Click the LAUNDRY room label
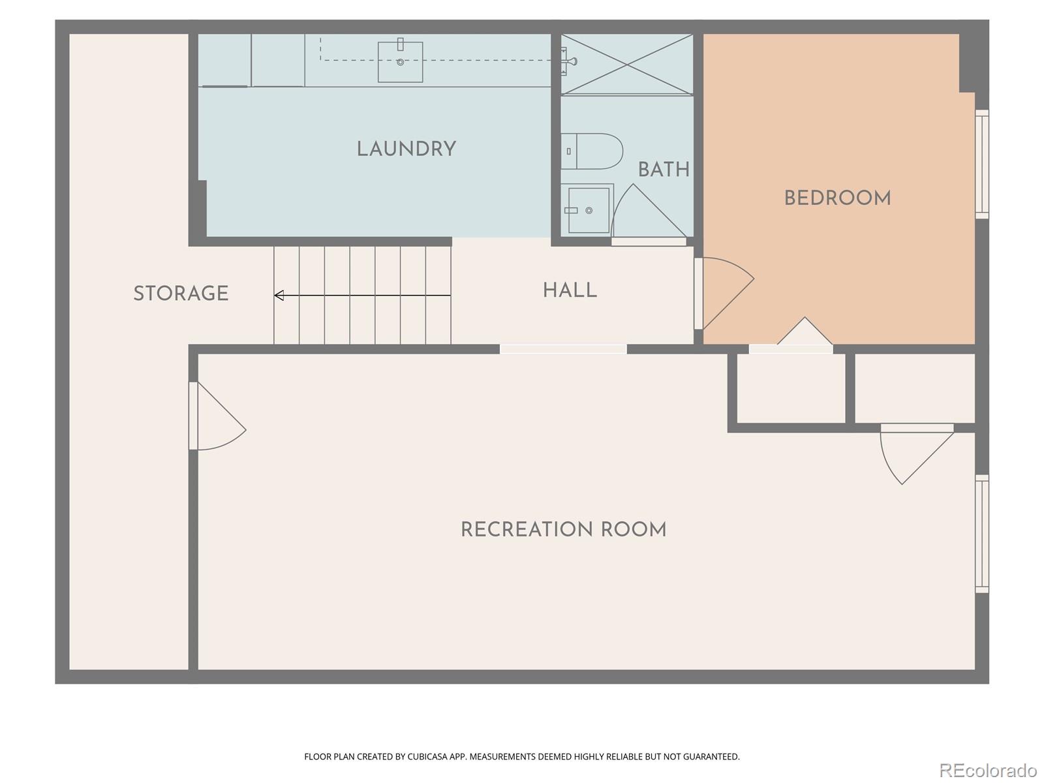point(406,149)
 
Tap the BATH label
point(664,170)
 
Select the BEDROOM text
point(837,198)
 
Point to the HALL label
point(570,290)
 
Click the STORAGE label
point(181,294)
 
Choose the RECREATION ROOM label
point(563,530)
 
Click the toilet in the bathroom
point(591,151)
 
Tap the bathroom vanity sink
point(588,210)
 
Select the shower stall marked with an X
point(627,64)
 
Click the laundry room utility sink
point(400,62)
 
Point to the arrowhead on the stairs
point(279,296)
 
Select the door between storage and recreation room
point(217,418)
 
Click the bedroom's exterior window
point(982,164)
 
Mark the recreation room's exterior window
point(982,534)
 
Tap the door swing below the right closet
point(913,453)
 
